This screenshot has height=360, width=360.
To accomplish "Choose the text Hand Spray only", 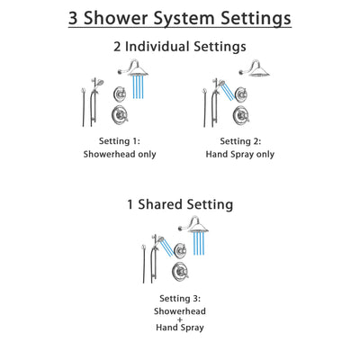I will pos(238,154).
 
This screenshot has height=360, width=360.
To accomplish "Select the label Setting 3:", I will pos(181,298).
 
